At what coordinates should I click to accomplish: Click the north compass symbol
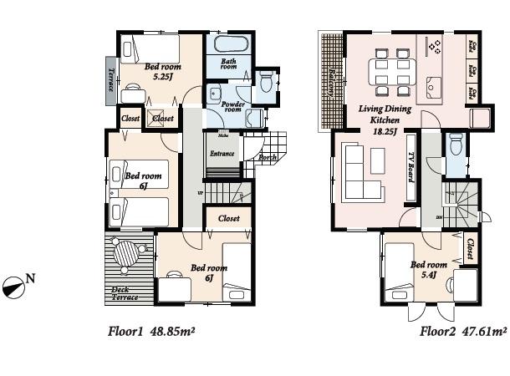pos(15,286)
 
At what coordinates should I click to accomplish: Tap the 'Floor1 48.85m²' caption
pos(151,331)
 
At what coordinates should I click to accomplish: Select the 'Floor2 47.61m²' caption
pos(463,331)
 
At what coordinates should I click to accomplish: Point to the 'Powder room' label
pos(232,106)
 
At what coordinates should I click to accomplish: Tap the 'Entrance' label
pos(222,153)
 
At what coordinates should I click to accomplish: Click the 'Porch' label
pos(268,156)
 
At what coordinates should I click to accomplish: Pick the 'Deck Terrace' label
pos(125,292)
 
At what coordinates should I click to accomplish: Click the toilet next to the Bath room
pos(267,83)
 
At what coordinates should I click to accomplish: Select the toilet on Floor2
pos(455,146)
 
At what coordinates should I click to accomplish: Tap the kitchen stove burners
pos(434,47)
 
